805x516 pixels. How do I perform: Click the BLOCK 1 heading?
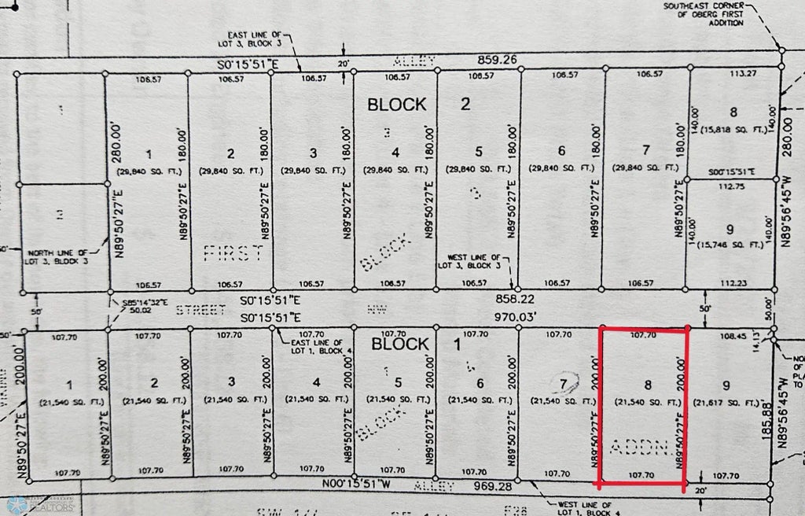tap(401, 345)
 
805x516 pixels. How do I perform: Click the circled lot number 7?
tap(563, 383)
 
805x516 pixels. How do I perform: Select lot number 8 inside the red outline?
tap(648, 385)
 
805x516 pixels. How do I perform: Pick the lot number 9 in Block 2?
tap(730, 230)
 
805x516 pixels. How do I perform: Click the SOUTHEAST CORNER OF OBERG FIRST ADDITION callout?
tap(703, 14)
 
